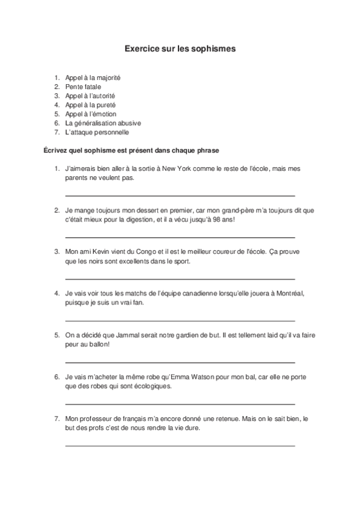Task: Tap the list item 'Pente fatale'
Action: [x=83, y=87]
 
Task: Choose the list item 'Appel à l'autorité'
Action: [x=90, y=96]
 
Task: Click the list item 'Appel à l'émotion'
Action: [x=91, y=114]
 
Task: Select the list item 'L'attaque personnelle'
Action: [x=97, y=132]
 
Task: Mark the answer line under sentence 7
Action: [x=180, y=445]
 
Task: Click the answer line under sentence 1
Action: [x=180, y=195]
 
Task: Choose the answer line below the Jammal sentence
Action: [x=180, y=362]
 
